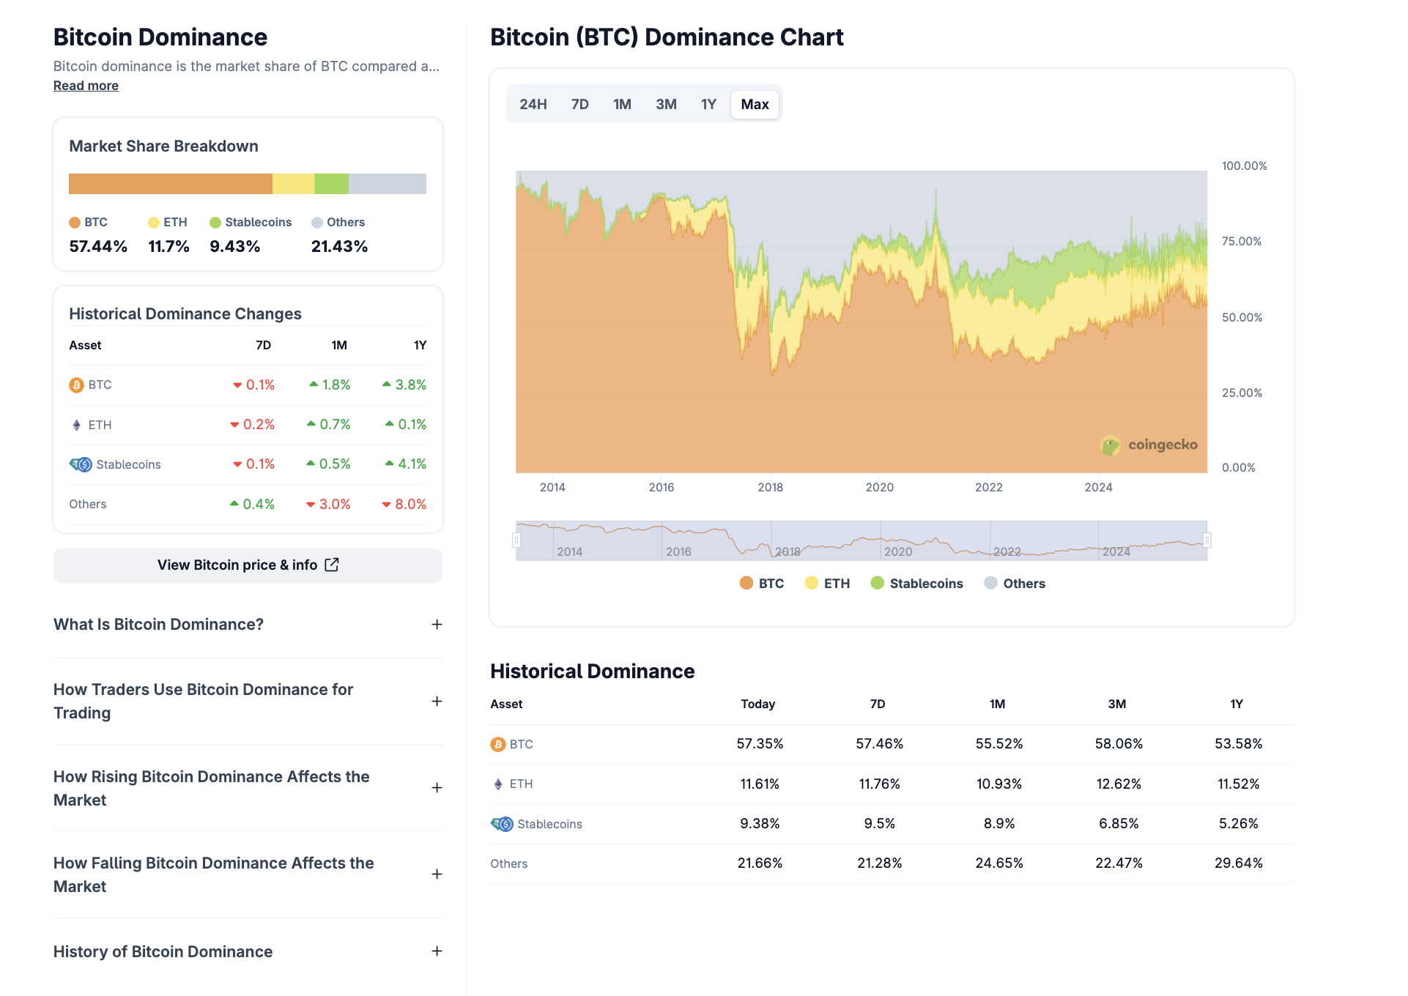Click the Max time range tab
pos(754,104)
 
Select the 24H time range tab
pos(533,104)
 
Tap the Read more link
pos(86,86)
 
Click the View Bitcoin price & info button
pos(248,565)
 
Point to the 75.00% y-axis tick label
pos(1241,242)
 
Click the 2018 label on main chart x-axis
pos(770,487)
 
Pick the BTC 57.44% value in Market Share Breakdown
pos(98,246)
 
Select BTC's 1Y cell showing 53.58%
pos(1238,743)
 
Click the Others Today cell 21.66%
pos(760,863)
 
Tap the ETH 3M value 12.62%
pos(1118,784)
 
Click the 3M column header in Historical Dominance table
pos(1116,704)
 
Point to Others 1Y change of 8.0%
pos(404,504)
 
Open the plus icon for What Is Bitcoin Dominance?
pos(437,624)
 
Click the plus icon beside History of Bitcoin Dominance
pos(437,951)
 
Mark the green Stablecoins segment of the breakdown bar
pos(331,184)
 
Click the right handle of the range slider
pos(1207,540)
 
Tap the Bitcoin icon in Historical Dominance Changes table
pos(76,385)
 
